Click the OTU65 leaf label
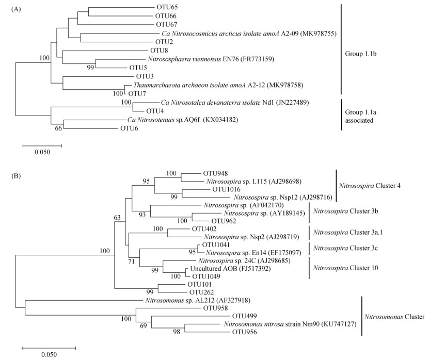(x=167, y=8)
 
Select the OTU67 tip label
(x=167, y=24)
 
